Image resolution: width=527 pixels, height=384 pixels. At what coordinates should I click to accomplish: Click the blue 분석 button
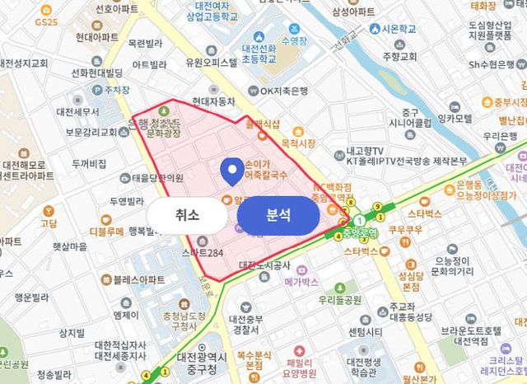(277, 215)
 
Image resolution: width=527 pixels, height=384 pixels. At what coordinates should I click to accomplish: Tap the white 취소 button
(187, 215)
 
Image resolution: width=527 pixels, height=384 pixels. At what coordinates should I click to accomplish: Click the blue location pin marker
(233, 171)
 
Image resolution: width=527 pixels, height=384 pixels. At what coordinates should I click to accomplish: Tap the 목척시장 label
(298, 143)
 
